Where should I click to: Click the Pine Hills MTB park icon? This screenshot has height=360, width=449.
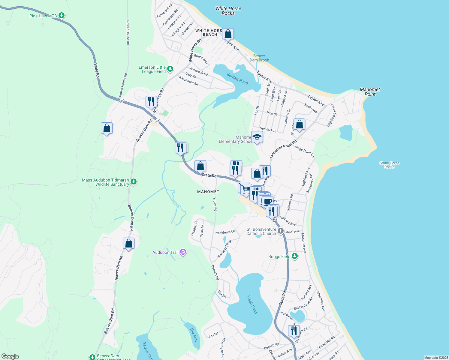pyautogui.click(x=62, y=15)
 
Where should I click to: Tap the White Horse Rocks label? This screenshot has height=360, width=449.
pyautogui.click(x=228, y=11)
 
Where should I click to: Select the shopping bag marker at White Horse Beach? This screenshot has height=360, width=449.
pyautogui.click(x=228, y=34)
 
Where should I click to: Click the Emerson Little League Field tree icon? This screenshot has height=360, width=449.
pyautogui.click(x=170, y=69)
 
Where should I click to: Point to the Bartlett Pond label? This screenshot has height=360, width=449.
pyautogui.click(x=237, y=79)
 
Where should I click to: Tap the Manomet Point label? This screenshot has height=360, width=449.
pyautogui.click(x=370, y=92)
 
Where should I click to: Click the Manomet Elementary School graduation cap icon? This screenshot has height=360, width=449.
pyautogui.click(x=257, y=137)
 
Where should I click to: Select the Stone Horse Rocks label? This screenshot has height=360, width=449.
pyautogui.click(x=389, y=165)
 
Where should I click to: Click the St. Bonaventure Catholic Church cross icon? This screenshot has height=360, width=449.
pyautogui.click(x=281, y=231)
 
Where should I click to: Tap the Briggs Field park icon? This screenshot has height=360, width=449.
pyautogui.click(x=295, y=256)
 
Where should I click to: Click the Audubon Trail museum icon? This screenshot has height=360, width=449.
pyautogui.click(x=183, y=252)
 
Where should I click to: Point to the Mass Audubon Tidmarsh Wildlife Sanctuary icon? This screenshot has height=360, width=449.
pyautogui.click(x=134, y=181)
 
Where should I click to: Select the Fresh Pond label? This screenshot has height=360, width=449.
pyautogui.click(x=252, y=304)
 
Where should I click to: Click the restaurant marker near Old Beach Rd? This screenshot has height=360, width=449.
pyautogui.click(x=294, y=331)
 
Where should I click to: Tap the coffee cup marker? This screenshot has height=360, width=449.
pyautogui.click(x=267, y=201)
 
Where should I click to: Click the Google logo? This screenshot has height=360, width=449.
pyautogui.click(x=10, y=356)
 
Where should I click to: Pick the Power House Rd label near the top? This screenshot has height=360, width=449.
pyautogui.click(x=128, y=32)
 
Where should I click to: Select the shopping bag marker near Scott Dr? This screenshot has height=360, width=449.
pyautogui.click(x=299, y=124)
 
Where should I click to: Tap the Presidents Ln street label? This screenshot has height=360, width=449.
pyautogui.click(x=224, y=232)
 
